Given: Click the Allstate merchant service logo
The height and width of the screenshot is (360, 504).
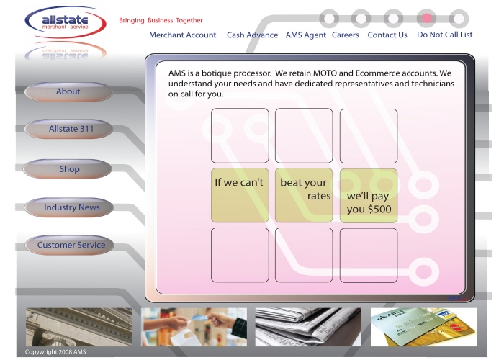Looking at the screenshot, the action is [66, 22].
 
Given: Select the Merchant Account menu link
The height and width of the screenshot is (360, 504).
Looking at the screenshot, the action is [183, 35].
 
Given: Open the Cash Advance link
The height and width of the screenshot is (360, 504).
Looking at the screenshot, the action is [252, 35].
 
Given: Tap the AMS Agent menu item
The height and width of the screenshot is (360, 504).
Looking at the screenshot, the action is [306, 35].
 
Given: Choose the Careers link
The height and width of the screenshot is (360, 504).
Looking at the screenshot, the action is [345, 35].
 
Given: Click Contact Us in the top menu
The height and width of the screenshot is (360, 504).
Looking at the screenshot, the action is [387, 35].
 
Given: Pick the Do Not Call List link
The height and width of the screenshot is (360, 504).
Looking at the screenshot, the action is [444, 35].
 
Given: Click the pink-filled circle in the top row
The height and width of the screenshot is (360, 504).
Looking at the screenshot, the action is [426, 18].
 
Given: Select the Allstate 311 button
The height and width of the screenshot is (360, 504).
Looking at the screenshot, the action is [69, 129].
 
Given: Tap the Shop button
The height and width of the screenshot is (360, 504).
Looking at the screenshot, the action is [68, 169].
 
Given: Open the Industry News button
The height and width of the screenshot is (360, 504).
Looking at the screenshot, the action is [69, 207].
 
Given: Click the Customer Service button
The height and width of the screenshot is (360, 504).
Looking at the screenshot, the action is [70, 245].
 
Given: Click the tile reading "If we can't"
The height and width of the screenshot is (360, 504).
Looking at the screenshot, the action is [240, 195].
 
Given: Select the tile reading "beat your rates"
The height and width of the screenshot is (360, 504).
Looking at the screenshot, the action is [304, 195].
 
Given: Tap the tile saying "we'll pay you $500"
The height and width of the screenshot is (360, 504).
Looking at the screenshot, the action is [369, 196].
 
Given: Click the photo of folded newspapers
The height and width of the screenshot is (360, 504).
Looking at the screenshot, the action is [308, 327].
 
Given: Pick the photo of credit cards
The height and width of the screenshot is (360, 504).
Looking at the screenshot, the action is [423, 327].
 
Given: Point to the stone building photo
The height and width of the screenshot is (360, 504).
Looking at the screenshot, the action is [78, 327].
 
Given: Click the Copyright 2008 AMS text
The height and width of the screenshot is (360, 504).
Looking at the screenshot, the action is [55, 352].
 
